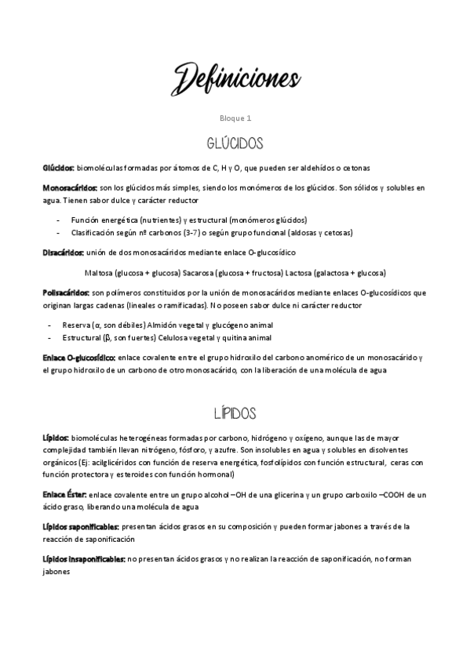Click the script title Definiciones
pos(235,78)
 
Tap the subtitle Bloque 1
pos(235,118)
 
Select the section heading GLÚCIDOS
pos(235,144)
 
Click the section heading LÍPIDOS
pos(235,412)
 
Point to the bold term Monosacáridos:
pos(71,187)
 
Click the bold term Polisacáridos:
pos(67,293)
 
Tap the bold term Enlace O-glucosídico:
pos(79,358)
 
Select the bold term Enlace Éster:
pos(65,495)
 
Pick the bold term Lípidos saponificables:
pos(81,527)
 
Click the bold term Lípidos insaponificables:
pos(84,559)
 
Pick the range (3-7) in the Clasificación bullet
pos(190,233)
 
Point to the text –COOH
pos(392,495)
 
